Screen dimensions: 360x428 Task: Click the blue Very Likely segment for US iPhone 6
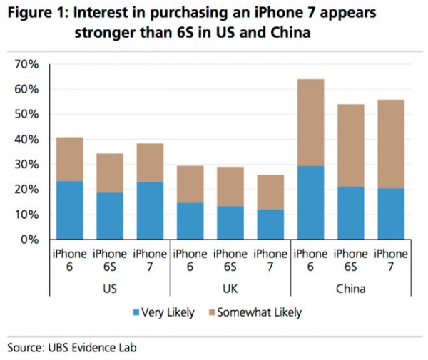(x=70, y=210)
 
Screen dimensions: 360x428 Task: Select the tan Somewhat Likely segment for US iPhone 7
(x=151, y=163)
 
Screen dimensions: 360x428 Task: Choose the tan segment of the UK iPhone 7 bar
(x=270, y=192)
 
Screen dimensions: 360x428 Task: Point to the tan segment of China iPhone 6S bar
(x=350, y=148)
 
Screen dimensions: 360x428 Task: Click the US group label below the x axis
(x=110, y=289)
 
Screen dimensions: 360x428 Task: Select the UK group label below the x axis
(x=230, y=289)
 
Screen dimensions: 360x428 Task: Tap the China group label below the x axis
(x=350, y=289)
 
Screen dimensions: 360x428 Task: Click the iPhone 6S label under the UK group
(x=230, y=259)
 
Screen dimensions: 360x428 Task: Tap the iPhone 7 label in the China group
(x=390, y=259)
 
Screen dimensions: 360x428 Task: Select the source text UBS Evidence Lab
(x=88, y=348)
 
